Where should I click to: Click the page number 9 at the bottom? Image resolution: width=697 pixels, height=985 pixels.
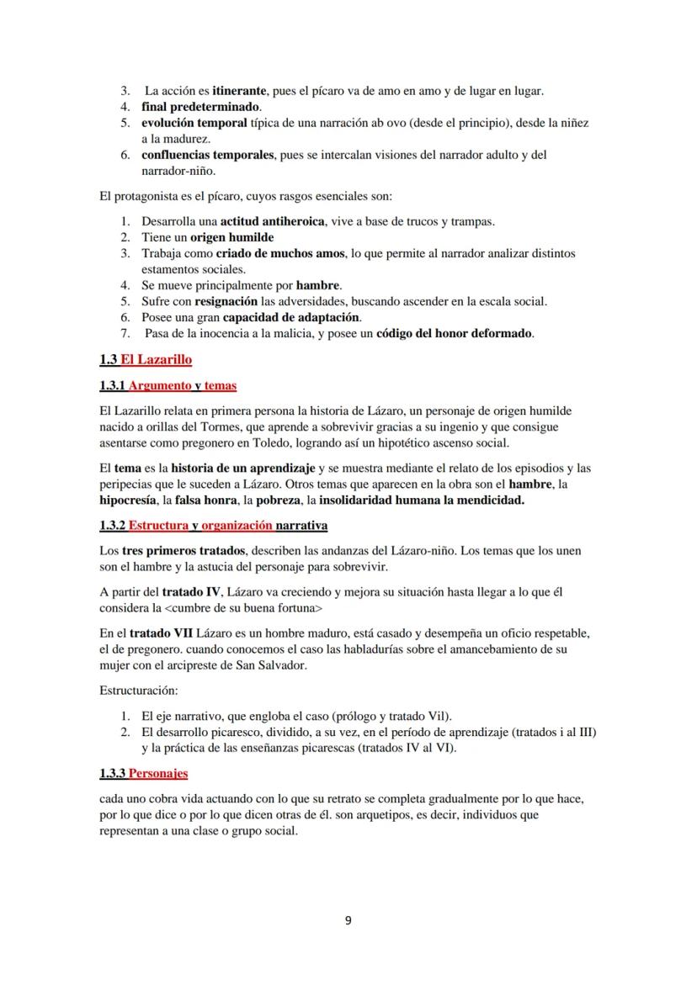[x=348, y=919]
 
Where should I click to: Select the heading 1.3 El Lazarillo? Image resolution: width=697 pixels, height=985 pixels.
[x=145, y=360]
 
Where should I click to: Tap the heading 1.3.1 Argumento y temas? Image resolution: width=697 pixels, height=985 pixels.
[x=168, y=386]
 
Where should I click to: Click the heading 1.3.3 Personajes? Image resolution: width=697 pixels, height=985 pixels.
[x=143, y=773]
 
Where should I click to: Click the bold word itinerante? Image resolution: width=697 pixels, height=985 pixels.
[x=240, y=90]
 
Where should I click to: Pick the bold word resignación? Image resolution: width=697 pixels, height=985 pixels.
[x=233, y=301]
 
